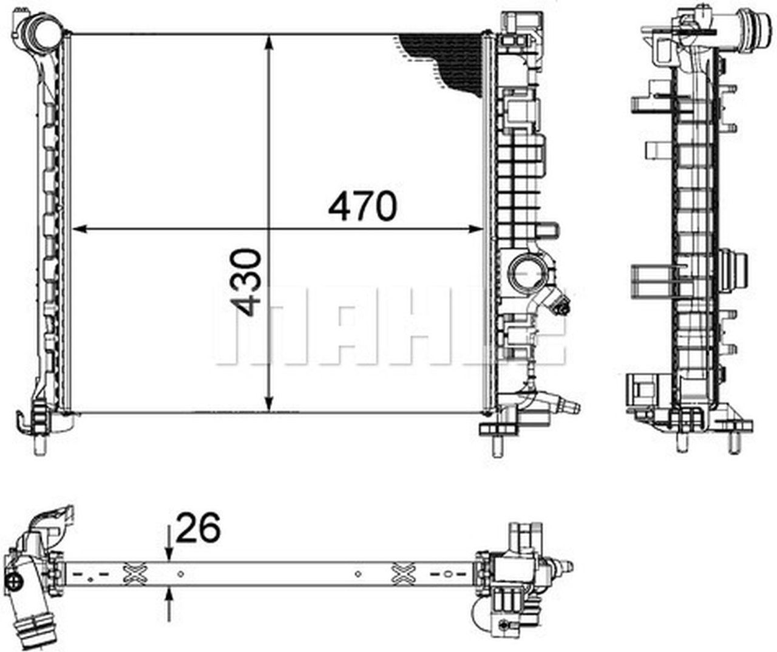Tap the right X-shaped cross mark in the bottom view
pos(403,573)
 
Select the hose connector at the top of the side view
pos(752,27)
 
